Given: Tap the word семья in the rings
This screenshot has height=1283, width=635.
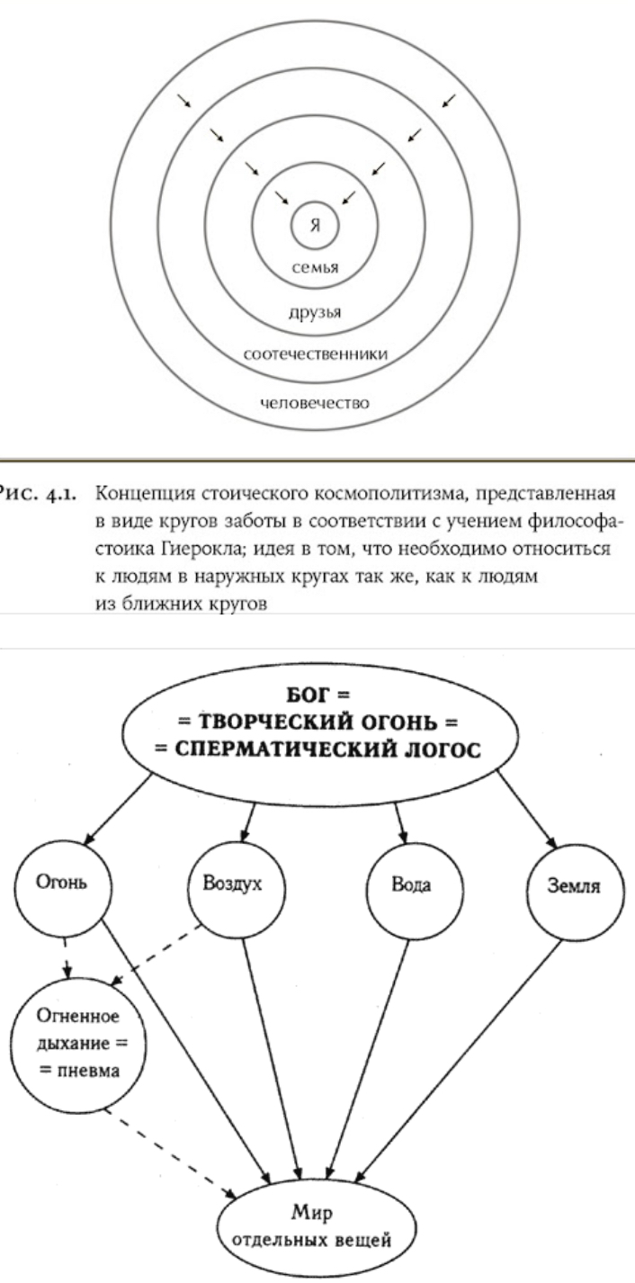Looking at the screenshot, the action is click(315, 267).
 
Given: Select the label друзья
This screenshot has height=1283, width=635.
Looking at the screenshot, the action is click(314, 313).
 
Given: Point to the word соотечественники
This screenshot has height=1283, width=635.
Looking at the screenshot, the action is click(316, 354).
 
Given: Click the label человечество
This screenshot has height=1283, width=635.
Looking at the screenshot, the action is click(315, 403).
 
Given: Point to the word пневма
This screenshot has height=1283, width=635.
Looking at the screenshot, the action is click(87, 1071).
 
